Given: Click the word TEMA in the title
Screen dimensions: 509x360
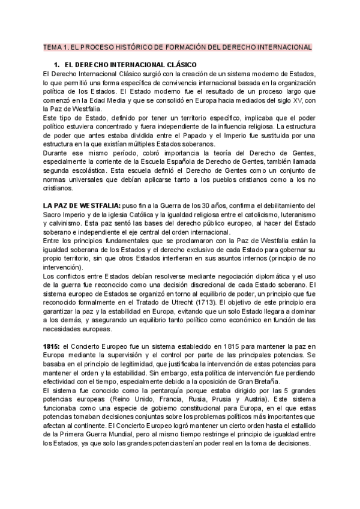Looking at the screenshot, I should click(53, 47).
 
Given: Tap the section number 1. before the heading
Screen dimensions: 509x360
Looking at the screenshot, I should click(57, 64).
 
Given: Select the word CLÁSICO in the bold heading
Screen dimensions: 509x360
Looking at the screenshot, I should click(174, 64).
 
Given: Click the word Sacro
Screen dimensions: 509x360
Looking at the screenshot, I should click(53, 215).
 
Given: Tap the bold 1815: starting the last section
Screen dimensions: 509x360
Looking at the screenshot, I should click(51, 347).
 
